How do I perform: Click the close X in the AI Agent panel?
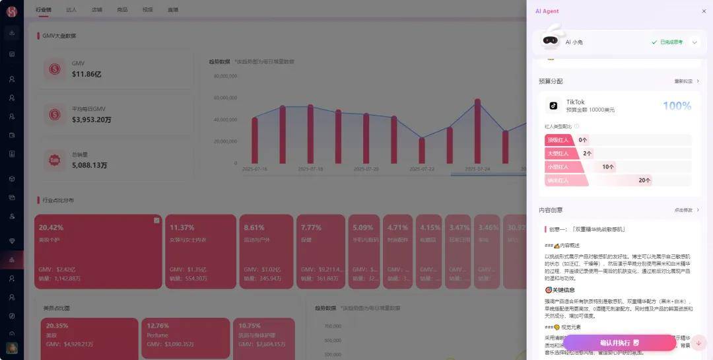(x=704, y=11)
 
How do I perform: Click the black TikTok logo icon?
(x=553, y=105)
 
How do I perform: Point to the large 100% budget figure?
(x=677, y=106)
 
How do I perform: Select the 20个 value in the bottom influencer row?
(x=644, y=180)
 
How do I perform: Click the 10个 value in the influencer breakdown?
(x=608, y=167)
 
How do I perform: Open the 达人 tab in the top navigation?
(x=71, y=10)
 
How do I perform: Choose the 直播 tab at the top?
(x=173, y=10)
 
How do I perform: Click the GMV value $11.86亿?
(x=86, y=75)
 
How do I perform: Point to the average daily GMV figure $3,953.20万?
(x=92, y=120)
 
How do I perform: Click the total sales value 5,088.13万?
(x=90, y=165)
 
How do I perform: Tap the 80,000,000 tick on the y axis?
(x=226, y=76)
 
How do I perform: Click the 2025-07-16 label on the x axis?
(x=255, y=169)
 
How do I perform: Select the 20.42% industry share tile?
(x=98, y=251)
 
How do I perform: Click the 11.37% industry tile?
(x=200, y=251)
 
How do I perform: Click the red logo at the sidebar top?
(x=11, y=11)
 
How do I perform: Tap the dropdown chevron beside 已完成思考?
(x=695, y=42)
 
